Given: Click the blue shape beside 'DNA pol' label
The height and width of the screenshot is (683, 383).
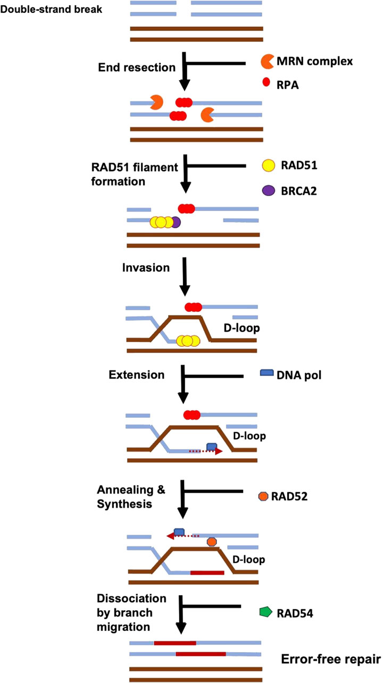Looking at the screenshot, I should [x=267, y=375].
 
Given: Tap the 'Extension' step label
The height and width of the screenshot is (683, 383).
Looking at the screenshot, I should [x=137, y=375].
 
